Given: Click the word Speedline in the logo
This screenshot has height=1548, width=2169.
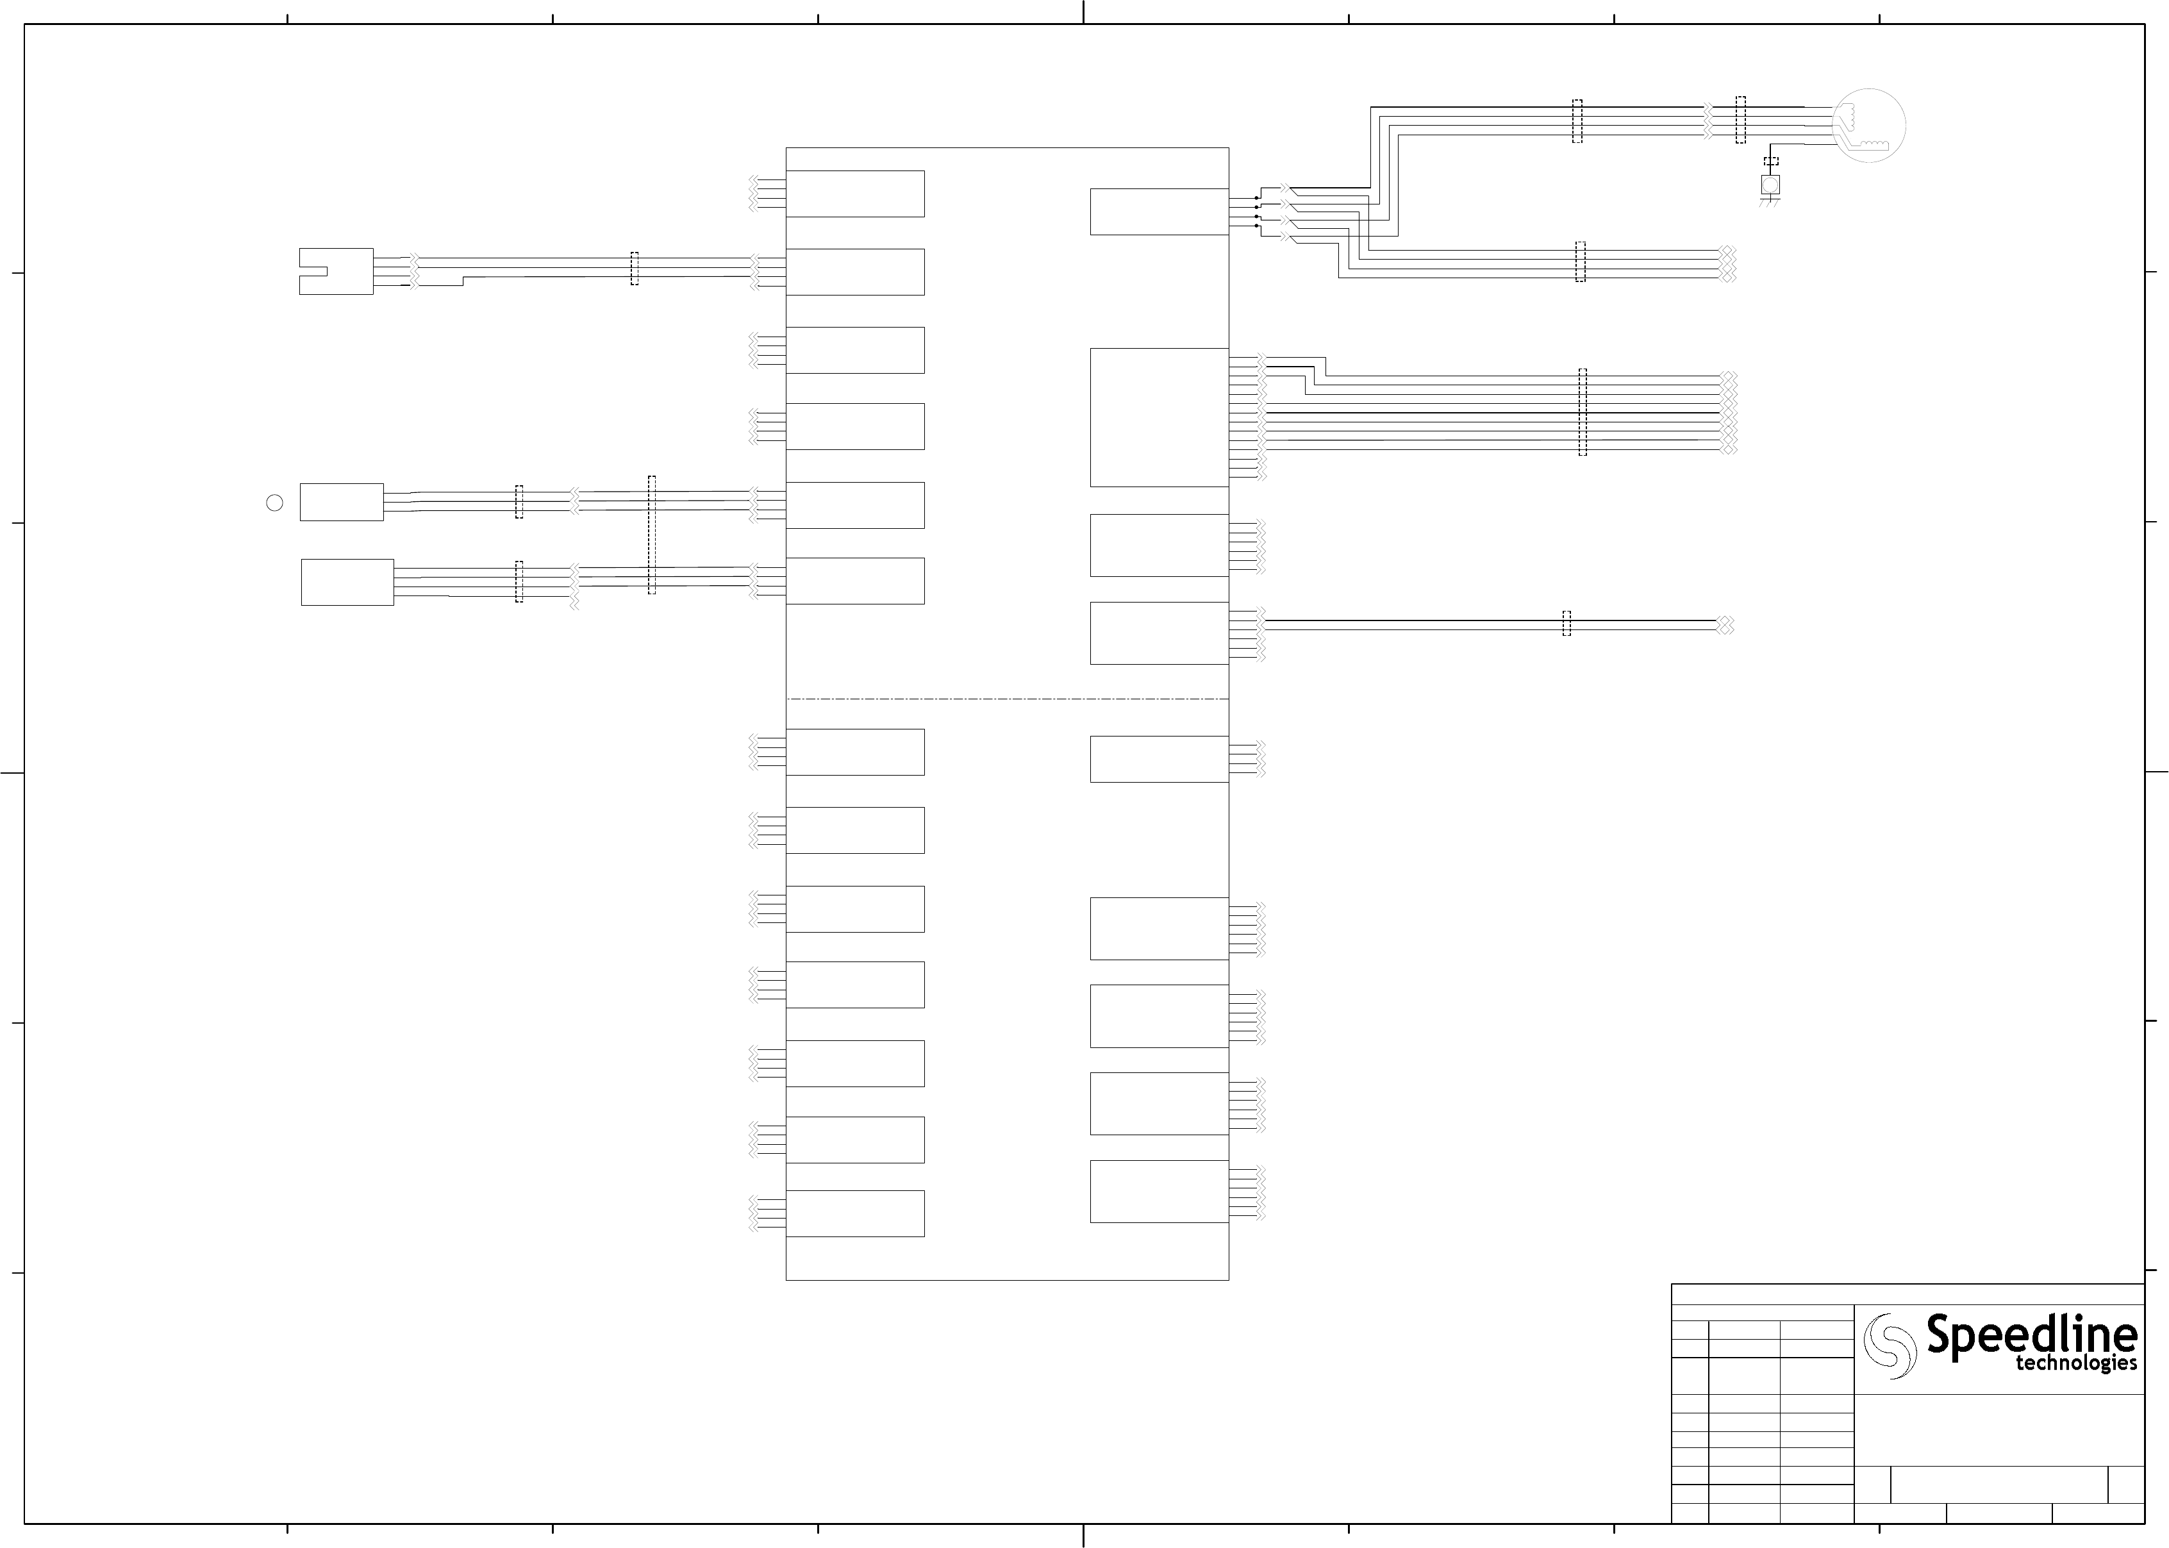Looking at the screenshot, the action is [2031, 1335].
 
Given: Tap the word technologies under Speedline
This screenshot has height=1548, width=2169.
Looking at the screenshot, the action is [2075, 1364].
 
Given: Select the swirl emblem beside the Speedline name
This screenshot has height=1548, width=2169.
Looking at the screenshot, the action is [1890, 1345].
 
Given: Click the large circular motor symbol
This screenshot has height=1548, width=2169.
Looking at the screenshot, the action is [1869, 125].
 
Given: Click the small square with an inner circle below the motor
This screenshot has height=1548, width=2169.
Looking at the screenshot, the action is [1770, 184].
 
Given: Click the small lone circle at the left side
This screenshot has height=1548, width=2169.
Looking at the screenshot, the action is [274, 503].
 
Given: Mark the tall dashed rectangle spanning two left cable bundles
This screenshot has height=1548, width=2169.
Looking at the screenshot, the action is [652, 535].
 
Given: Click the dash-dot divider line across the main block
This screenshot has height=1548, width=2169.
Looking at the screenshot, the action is [1008, 699].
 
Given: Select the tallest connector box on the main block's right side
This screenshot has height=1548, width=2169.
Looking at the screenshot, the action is [1159, 417].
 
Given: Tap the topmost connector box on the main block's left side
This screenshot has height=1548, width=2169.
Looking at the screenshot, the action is [855, 194].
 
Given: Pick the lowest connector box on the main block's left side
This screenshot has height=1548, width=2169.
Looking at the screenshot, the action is [855, 1213].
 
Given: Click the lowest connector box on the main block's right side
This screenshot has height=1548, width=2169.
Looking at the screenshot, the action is [1159, 1192].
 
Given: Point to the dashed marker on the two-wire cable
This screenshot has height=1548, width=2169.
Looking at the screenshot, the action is [1566, 624].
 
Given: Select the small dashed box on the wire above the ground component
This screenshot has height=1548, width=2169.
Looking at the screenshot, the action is [1771, 161].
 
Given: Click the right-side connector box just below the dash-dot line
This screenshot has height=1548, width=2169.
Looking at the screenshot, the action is [1159, 759].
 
